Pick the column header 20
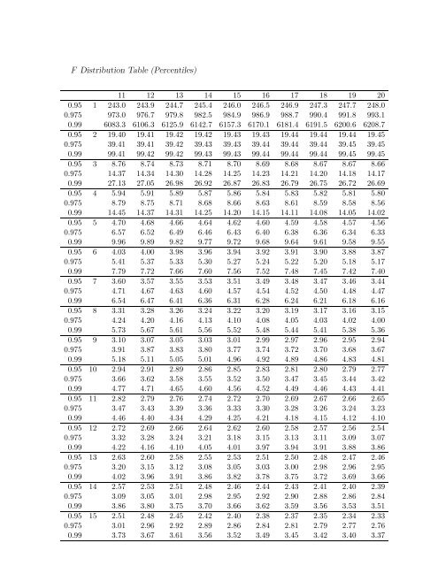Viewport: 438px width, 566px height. click(379, 92)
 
